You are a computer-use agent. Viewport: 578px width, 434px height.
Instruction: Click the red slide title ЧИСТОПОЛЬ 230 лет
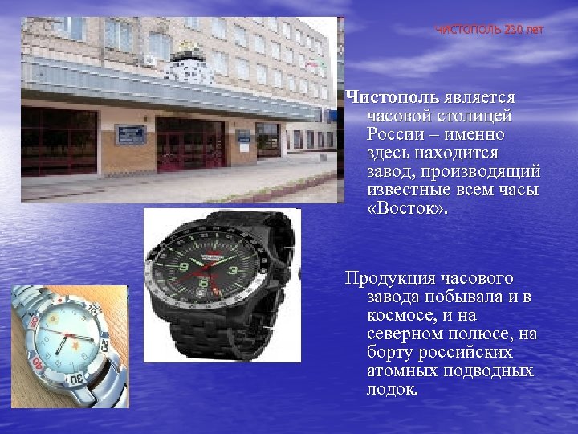click(489, 30)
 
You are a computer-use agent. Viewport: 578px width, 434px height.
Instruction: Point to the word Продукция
click(389, 278)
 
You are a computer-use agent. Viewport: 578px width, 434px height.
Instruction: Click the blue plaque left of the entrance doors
click(129, 133)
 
